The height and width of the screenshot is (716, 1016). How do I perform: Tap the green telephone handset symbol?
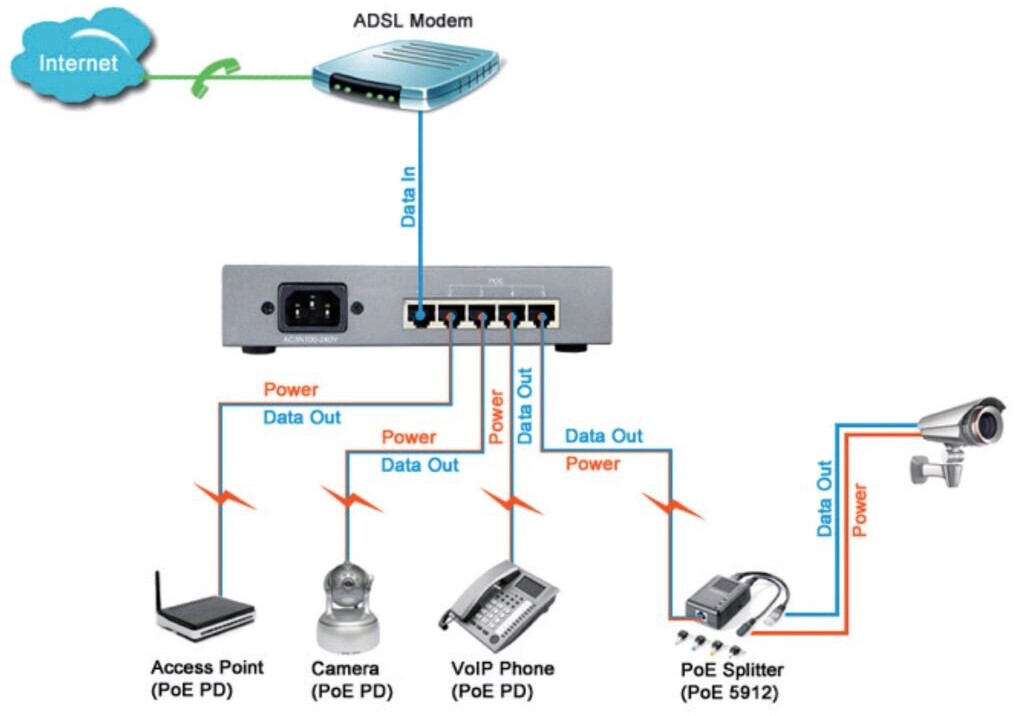[x=211, y=77]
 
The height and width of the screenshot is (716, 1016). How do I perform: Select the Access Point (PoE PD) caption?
[x=206, y=679]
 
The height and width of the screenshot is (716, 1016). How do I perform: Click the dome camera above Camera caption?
[x=346, y=607]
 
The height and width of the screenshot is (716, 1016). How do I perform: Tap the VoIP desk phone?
[x=498, y=606]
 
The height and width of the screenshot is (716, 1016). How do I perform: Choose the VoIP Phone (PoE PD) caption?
[x=502, y=679]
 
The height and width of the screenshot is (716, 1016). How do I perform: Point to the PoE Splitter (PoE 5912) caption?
[x=732, y=679]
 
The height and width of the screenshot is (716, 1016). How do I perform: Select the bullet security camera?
[x=956, y=434]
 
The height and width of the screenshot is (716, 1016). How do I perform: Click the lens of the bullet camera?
[x=989, y=423]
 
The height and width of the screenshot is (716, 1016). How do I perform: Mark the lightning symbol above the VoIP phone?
[x=512, y=497]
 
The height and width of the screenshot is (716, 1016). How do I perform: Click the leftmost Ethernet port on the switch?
[x=420, y=316]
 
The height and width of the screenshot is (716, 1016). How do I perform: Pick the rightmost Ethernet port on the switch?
[x=541, y=316]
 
